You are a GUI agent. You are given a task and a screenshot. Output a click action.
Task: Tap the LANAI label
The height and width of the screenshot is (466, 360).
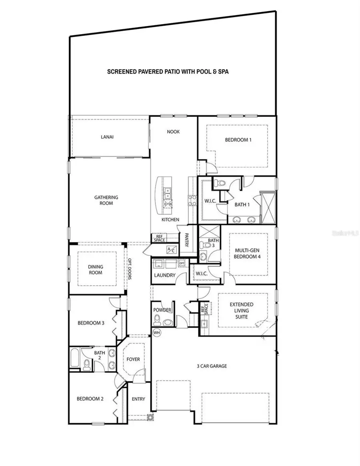point(107,137)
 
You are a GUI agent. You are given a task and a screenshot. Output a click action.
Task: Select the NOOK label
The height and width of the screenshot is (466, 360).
point(173,132)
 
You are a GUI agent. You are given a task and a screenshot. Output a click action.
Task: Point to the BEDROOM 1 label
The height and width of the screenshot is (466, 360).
point(238,140)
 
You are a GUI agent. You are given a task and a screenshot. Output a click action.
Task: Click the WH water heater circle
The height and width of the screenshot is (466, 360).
point(156,332)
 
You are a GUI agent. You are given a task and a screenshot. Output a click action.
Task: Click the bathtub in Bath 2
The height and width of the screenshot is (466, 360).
point(75,358)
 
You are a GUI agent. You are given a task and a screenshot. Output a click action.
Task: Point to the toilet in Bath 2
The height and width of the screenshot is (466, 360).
point(87,364)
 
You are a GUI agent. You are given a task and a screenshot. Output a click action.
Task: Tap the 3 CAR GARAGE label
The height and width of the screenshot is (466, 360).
point(212,366)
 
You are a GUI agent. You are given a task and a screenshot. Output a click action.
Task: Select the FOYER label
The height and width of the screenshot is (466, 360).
point(133,359)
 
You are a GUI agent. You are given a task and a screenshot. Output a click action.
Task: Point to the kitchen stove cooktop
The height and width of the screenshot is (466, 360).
point(192,200)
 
